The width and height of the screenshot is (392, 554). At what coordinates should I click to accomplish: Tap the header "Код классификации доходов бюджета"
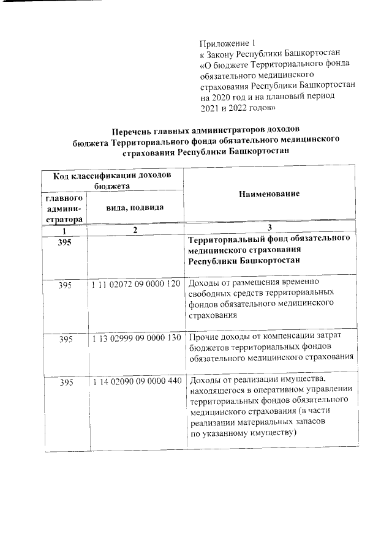[x=112, y=181]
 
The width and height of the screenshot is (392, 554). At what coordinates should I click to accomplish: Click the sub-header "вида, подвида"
[x=135, y=208]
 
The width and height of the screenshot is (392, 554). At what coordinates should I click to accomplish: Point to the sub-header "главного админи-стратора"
[x=64, y=209]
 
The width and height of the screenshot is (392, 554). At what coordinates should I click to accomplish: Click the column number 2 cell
[x=135, y=230]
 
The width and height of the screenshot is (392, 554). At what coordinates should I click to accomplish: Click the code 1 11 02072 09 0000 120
[x=135, y=285]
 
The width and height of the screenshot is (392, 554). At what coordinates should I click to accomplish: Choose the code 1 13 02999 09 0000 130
[x=135, y=338]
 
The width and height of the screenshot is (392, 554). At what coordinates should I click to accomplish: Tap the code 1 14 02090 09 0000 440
[x=135, y=382]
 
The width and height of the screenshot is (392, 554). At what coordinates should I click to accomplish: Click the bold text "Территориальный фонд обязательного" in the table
[x=269, y=239]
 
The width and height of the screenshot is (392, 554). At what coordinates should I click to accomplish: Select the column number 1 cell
[x=64, y=230]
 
